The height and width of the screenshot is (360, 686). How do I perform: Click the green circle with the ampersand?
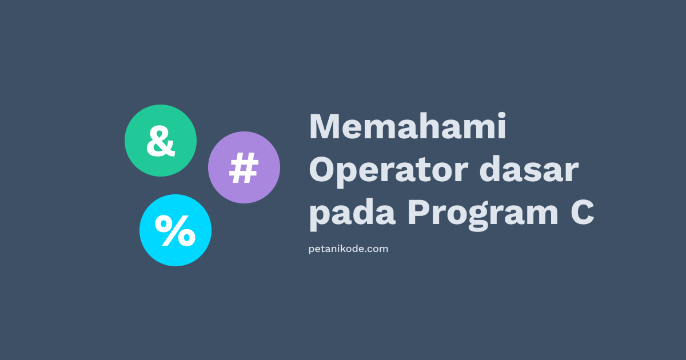coord(161,141)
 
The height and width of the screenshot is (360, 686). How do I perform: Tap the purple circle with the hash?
coord(244,167)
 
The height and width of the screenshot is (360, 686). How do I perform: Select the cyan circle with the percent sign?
coord(176,230)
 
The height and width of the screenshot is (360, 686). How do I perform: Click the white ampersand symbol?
coord(161,142)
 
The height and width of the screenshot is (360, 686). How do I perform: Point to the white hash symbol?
coord(244,169)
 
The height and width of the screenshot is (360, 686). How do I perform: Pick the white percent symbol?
coord(176,231)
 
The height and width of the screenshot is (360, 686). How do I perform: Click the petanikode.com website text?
coord(348,249)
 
